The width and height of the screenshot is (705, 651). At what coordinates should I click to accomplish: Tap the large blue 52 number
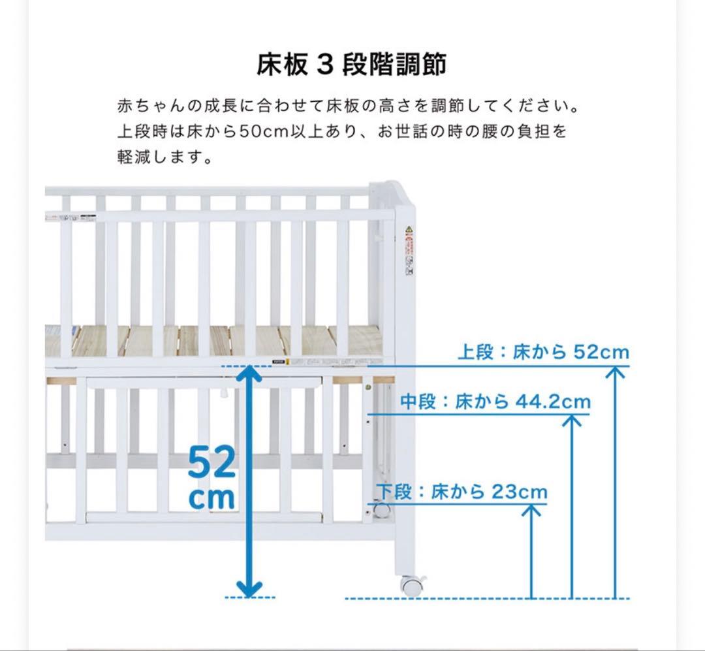click(x=211, y=463)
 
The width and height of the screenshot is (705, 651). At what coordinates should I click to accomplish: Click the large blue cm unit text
click(x=211, y=498)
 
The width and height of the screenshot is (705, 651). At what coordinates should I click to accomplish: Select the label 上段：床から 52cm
click(x=543, y=353)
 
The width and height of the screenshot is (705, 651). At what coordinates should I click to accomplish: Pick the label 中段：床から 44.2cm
click(x=495, y=402)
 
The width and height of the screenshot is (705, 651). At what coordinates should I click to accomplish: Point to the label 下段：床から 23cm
click(x=462, y=491)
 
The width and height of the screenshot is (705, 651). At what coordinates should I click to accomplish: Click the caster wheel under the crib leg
click(x=411, y=585)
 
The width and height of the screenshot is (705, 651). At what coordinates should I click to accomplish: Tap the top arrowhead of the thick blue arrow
click(x=249, y=374)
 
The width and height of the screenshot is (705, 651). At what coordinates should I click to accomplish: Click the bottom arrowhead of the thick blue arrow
click(x=249, y=589)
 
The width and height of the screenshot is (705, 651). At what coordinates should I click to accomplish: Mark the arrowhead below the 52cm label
click(x=614, y=372)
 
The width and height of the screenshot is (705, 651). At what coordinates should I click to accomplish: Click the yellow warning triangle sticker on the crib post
click(x=409, y=230)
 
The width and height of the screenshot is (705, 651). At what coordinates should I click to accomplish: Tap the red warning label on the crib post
click(x=409, y=247)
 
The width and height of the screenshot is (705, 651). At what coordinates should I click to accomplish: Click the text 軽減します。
click(x=164, y=157)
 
